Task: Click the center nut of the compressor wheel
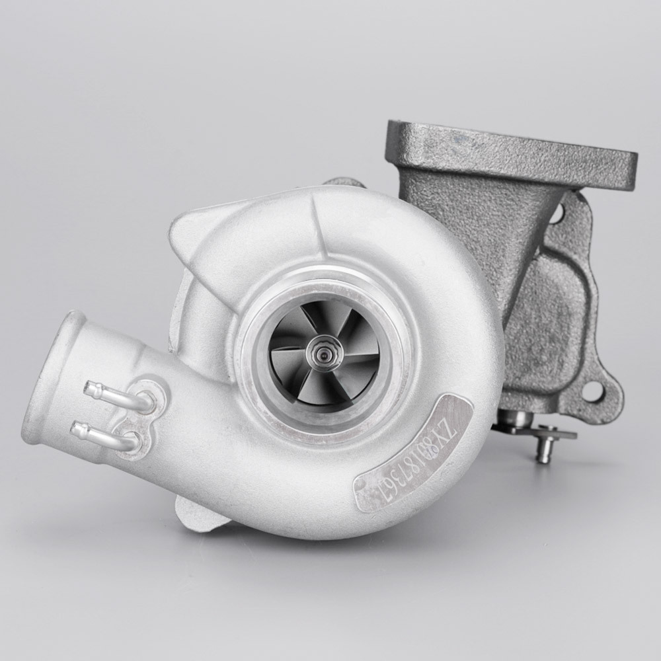point(325,353)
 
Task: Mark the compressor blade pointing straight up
point(316,324)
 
